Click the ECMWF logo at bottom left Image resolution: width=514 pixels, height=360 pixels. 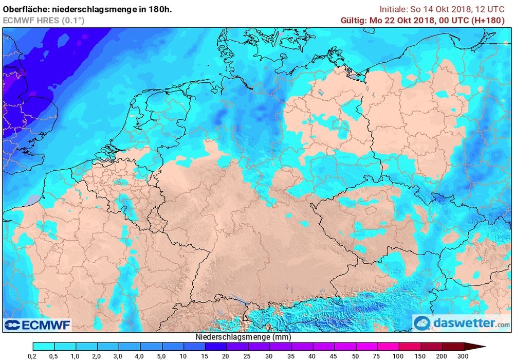tap(38, 325)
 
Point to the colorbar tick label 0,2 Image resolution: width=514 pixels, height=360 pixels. tap(33, 356)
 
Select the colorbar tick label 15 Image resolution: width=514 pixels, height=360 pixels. tap(205, 356)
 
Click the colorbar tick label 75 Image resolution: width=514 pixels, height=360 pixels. tap(376, 356)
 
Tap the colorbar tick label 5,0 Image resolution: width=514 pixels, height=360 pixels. tap(162, 356)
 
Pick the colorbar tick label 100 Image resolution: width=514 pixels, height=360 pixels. tap(398, 356)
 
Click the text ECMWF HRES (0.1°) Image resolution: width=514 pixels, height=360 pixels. tap(44, 21)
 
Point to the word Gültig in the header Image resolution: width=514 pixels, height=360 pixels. tap(353, 21)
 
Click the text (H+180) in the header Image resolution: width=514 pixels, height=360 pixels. tap(493, 21)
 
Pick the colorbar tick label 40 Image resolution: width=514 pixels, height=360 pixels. tap(312, 356)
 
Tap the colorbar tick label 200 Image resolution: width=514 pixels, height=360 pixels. tap(441, 356)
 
